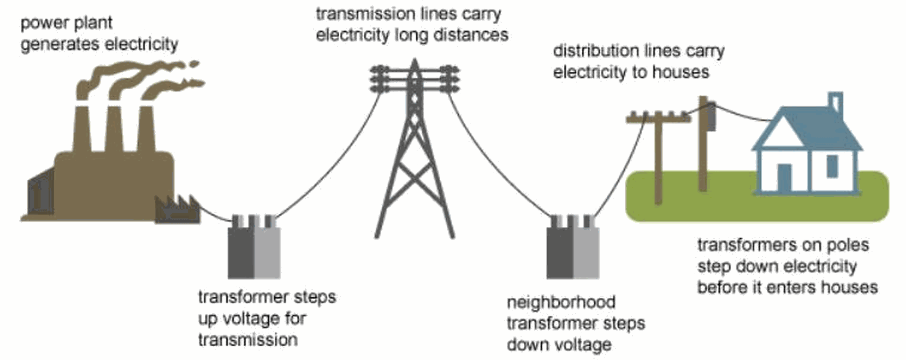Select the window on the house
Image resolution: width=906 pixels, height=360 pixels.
coord(832,167)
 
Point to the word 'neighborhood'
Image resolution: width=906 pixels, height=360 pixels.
coord(561,302)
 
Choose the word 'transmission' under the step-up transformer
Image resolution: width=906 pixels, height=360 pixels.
coord(248,340)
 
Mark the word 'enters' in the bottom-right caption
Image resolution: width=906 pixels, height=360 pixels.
coord(793,287)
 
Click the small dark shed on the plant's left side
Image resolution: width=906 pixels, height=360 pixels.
coord(41,193)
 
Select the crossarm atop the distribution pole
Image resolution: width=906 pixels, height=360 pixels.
coord(658,117)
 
